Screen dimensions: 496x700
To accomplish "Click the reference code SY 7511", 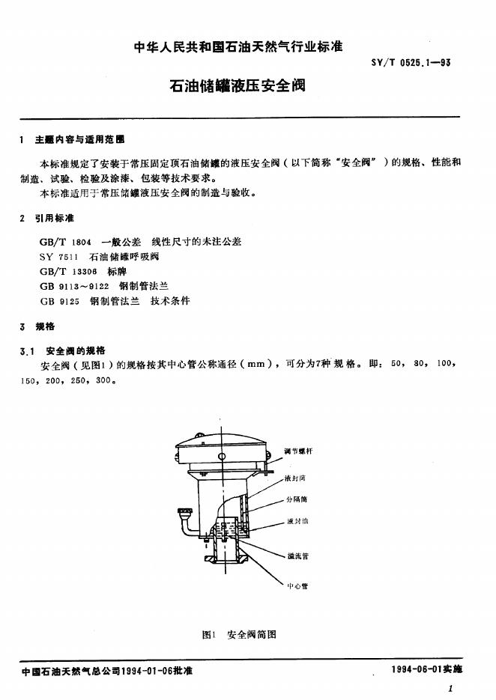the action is (x=59, y=256).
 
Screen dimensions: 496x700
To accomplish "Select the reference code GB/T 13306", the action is (x=67, y=271).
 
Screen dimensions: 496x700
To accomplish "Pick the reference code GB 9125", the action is (x=60, y=300).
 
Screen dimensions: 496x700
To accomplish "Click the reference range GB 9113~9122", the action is (x=73, y=285).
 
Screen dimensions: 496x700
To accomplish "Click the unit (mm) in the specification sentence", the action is (x=262, y=365).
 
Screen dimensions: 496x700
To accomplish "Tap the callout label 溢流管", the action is (x=298, y=556).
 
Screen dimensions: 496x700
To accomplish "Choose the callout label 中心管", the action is (x=297, y=585).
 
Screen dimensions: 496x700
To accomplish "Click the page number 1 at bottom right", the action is (x=450, y=688).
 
